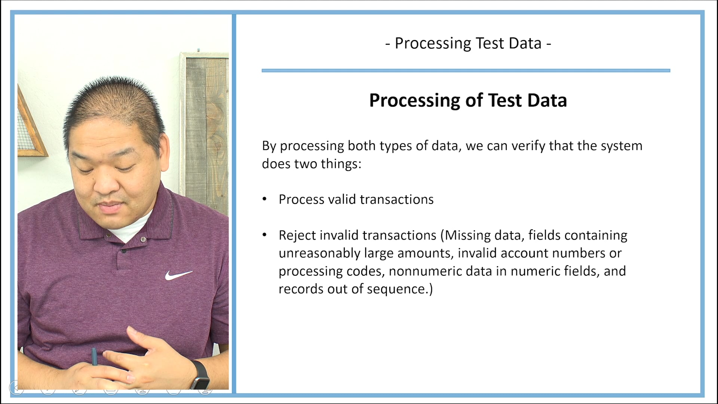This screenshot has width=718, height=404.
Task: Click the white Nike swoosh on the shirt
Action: pyautogui.click(x=178, y=275)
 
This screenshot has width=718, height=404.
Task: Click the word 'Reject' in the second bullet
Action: pyautogui.click(x=297, y=235)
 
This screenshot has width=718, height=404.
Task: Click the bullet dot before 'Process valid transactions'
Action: pyautogui.click(x=265, y=199)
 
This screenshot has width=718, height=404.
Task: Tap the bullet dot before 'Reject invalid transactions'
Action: pyautogui.click(x=265, y=235)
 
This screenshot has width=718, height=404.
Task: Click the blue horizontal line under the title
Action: pyautogui.click(x=466, y=70)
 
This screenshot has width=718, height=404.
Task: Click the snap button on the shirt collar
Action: pyautogui.click(x=143, y=239)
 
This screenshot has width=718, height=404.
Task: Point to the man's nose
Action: pyautogui.click(x=106, y=183)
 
